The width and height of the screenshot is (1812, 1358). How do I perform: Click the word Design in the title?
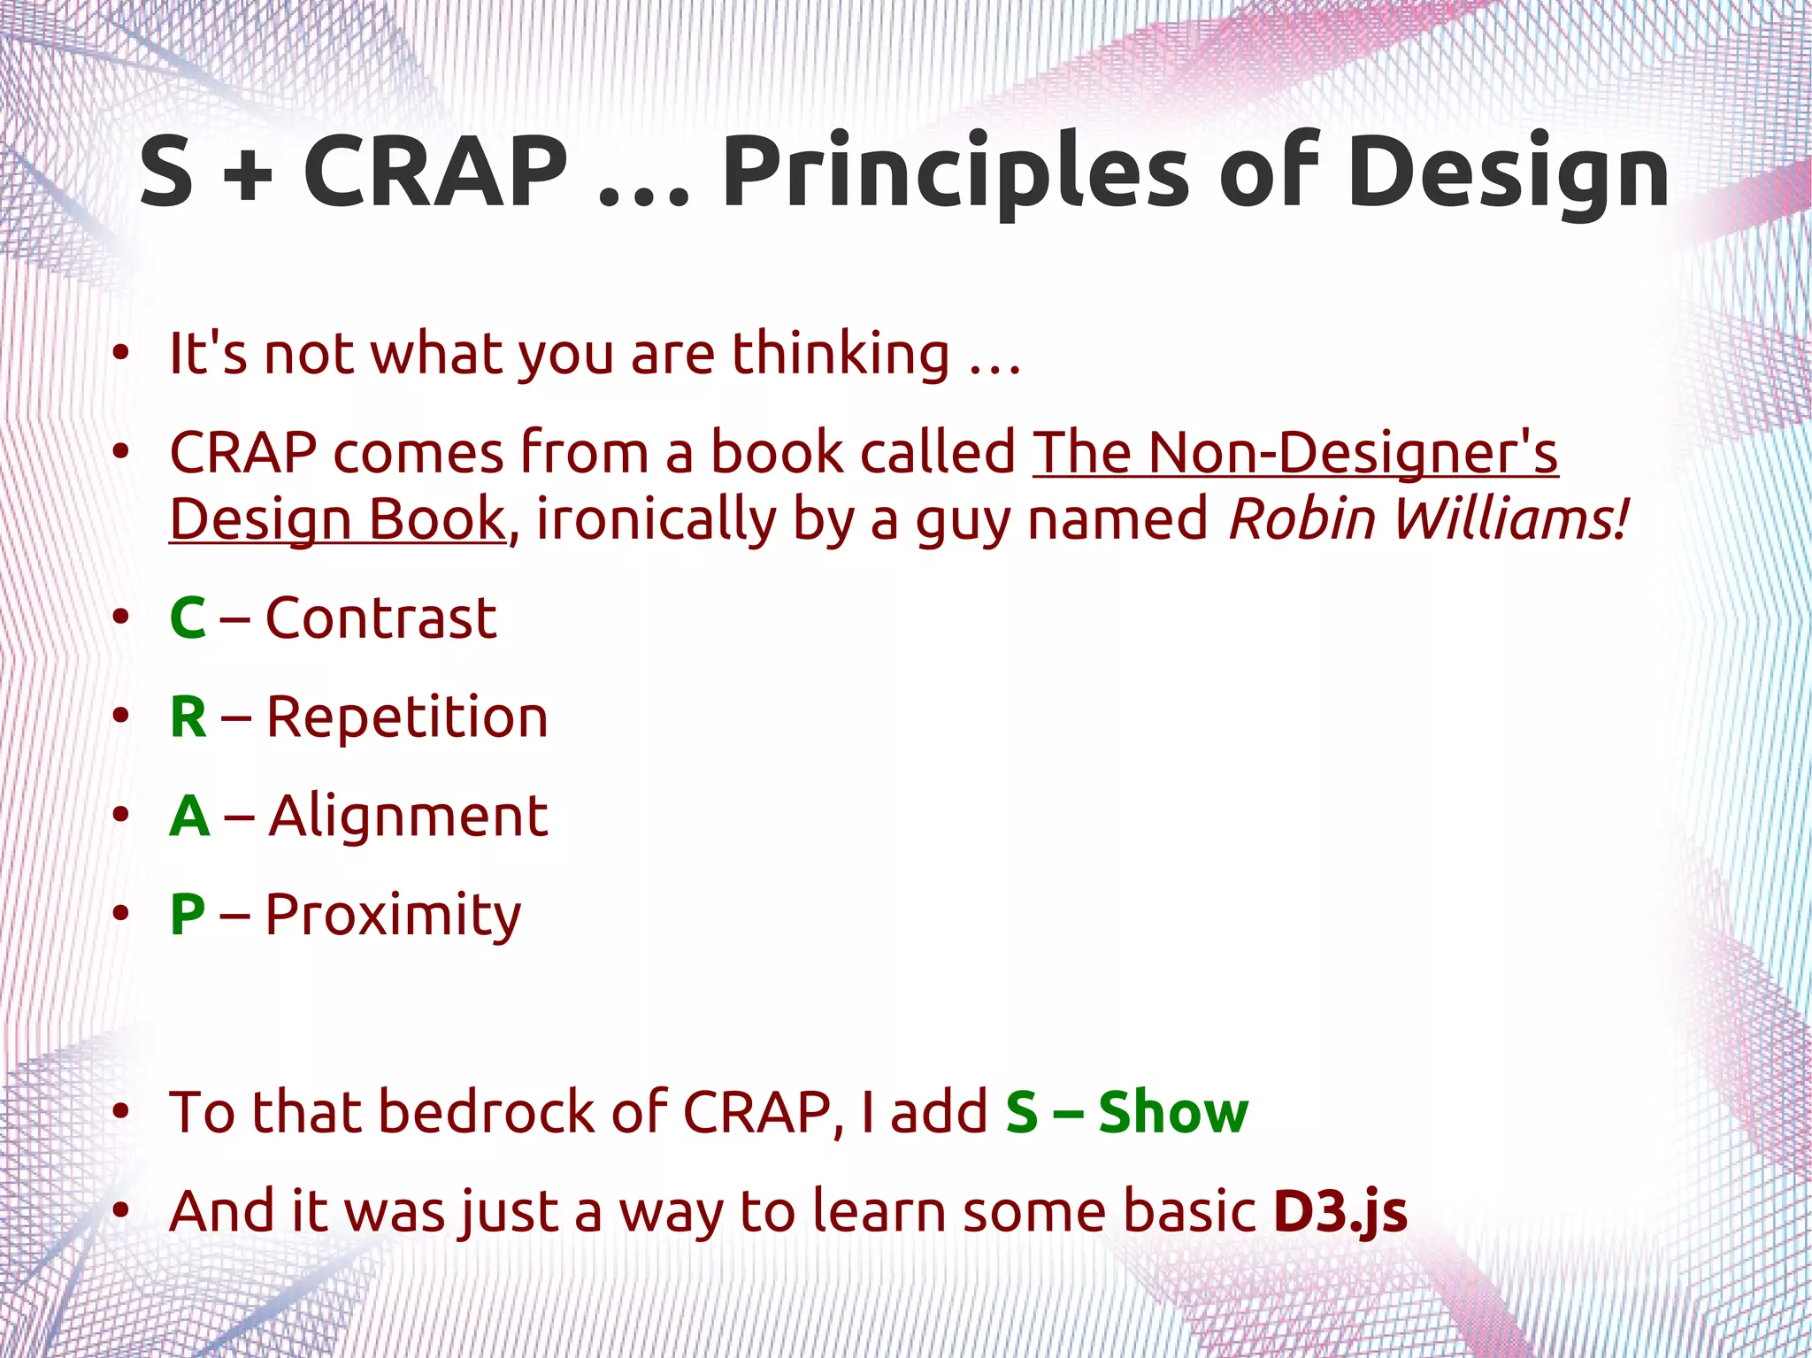click(x=1508, y=173)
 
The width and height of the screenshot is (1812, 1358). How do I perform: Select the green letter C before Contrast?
click(x=188, y=618)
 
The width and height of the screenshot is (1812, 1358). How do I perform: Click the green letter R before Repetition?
click(x=188, y=717)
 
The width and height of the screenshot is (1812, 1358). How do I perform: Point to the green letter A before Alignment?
click(x=189, y=816)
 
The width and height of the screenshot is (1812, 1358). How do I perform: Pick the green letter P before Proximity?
click(x=188, y=914)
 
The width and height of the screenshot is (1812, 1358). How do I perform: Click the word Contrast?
click(x=380, y=618)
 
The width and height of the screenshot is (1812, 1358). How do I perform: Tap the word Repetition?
click(x=407, y=717)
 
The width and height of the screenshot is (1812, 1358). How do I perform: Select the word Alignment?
click(x=408, y=816)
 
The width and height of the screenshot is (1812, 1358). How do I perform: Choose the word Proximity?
click(x=393, y=916)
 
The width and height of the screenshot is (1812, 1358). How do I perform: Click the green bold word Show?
click(x=1173, y=1112)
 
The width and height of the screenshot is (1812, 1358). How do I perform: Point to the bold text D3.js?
click(x=1340, y=1212)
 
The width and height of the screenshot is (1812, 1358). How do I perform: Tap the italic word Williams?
click(x=1511, y=519)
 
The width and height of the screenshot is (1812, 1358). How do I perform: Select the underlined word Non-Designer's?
click(x=1353, y=453)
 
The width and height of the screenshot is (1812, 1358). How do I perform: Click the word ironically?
click(x=656, y=519)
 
